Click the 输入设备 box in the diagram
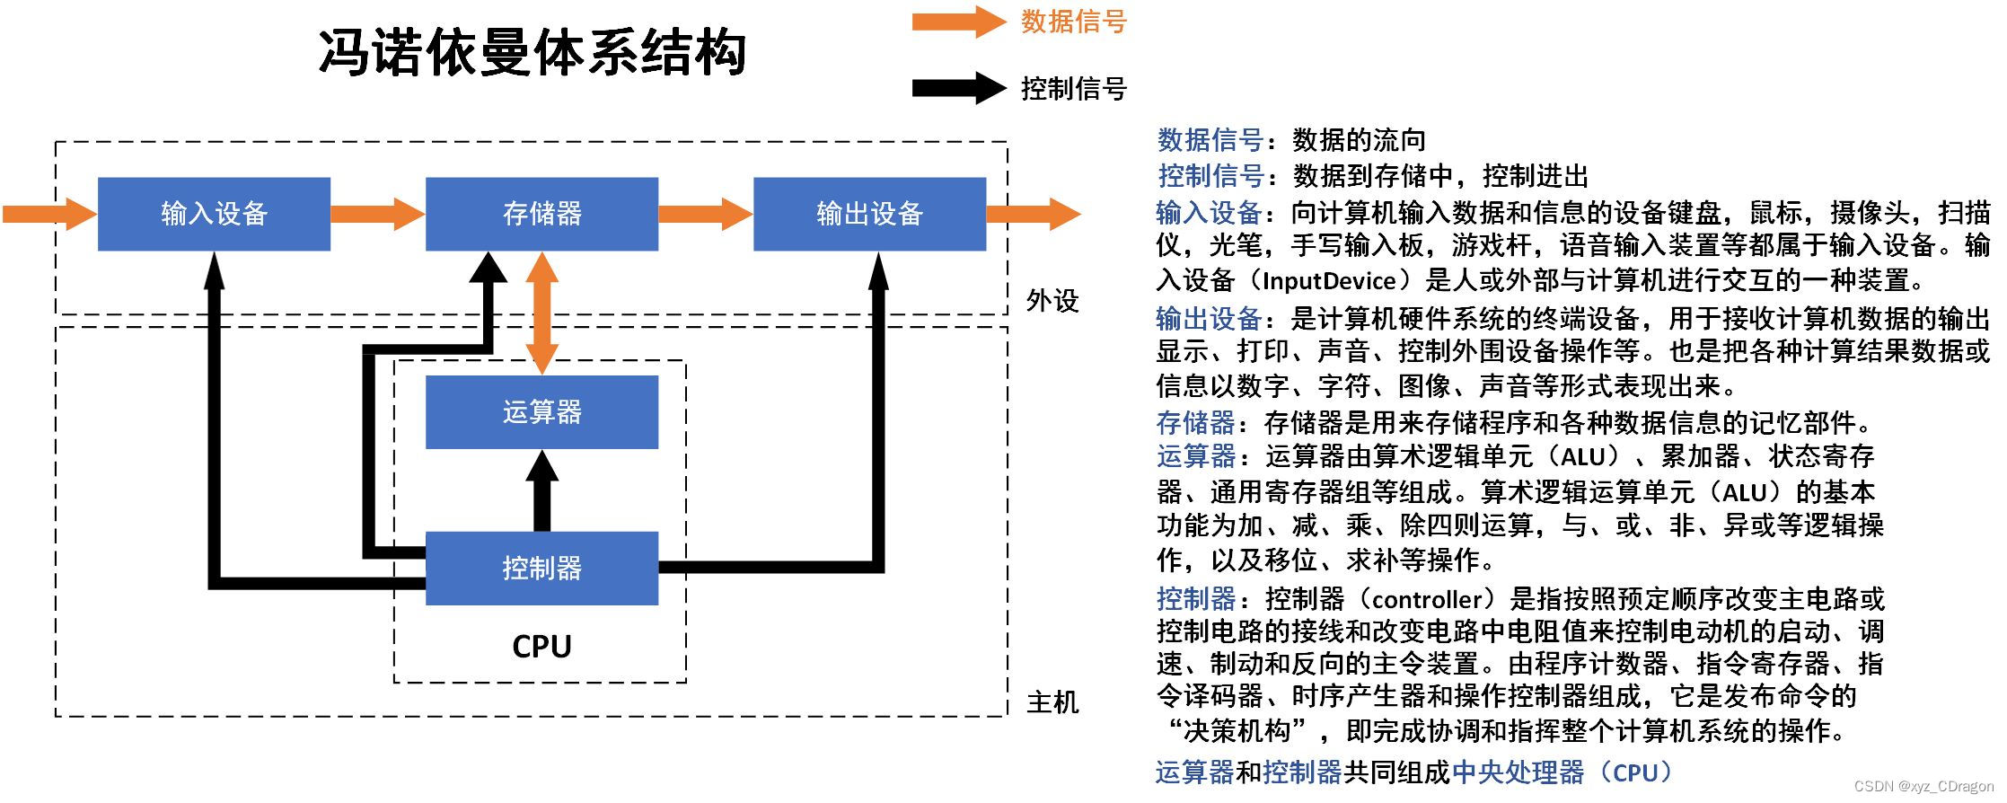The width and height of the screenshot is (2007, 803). pos(214,214)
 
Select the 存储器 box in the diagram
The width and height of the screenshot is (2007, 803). pos(541,214)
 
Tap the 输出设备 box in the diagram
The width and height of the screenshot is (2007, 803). pos(869,214)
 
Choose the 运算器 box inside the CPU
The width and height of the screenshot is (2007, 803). pos(541,412)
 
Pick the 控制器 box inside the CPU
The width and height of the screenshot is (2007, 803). pos(541,568)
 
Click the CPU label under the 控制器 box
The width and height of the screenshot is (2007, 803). pos(541,646)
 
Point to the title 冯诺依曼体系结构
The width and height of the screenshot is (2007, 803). pos(532,51)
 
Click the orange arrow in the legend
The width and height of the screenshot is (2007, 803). pos(957,22)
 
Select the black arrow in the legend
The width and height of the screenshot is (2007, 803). pos(957,88)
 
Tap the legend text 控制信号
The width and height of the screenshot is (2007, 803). pos(1073,89)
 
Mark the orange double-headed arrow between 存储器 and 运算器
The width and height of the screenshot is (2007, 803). pos(541,313)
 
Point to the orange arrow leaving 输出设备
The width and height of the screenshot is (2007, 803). pos(1033,214)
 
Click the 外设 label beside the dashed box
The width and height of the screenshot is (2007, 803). pos(1052,301)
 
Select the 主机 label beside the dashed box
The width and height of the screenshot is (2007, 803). pos(1052,702)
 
